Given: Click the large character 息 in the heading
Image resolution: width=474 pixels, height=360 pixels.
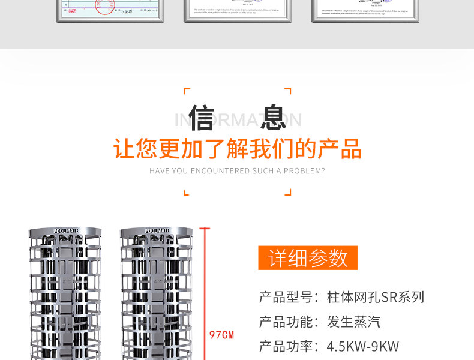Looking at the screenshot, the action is coord(274,118).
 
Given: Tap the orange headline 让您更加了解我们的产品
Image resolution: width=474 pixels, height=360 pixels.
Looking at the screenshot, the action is coord(238,148).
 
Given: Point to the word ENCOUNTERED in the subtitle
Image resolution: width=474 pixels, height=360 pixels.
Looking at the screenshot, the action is coord(220,171).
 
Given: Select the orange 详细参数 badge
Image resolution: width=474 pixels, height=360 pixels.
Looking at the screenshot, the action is coord(308,257).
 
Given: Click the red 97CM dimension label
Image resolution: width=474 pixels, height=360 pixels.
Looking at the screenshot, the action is coord(221,335).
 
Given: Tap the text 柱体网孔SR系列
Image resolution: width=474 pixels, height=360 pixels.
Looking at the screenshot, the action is coord(376,297).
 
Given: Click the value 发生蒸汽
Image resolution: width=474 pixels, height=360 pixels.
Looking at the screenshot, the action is coord(353,322).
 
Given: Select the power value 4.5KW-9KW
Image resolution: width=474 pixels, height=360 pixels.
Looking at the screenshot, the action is coord(362,347).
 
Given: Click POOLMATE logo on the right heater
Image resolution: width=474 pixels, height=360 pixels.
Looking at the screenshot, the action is coord(158,230).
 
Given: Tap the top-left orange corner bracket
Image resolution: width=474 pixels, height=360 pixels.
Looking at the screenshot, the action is coord(187,92).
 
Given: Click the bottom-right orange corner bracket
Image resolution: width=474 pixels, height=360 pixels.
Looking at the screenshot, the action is coord(288,192).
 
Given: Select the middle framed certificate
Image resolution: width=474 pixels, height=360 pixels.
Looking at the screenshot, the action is coord(237,11).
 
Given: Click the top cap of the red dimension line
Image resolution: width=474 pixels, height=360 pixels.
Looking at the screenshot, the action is coord(206,229).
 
